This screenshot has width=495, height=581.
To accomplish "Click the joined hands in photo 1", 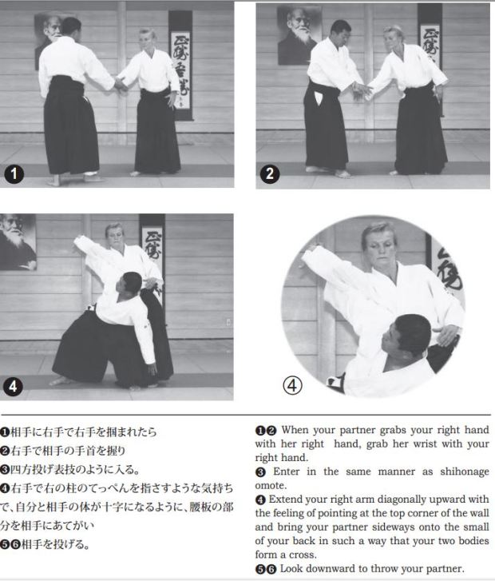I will click(121, 85).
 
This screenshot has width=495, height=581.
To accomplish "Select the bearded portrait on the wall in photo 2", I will click(299, 34).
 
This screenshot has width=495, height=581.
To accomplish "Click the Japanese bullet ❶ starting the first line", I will click(6, 432).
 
